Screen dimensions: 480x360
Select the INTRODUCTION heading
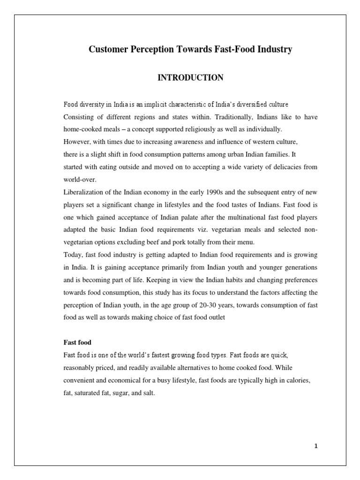(x=190, y=78)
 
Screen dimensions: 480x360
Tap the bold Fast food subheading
(x=78, y=342)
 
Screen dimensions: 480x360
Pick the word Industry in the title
(x=272, y=50)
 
